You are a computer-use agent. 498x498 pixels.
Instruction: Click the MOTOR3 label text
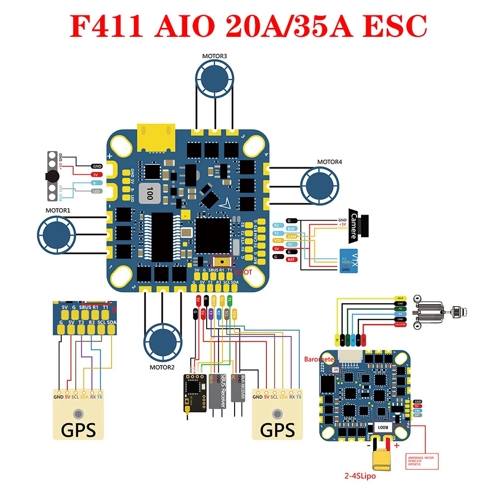pyautogui.click(x=215, y=56)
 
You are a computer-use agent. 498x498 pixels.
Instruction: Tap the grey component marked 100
pyautogui.click(x=147, y=192)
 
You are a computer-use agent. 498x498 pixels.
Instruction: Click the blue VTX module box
pyautogui.click(x=349, y=260)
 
